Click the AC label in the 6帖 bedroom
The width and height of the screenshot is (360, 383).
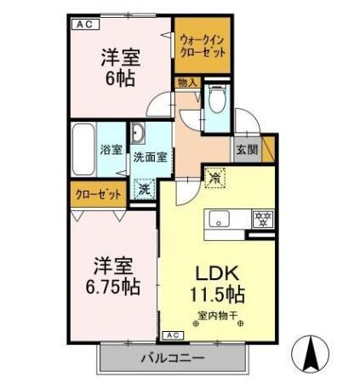(x=85, y=25)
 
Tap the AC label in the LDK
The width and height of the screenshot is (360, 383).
(x=173, y=335)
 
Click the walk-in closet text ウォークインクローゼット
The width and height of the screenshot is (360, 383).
(x=203, y=47)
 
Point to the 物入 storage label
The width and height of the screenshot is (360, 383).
(x=187, y=83)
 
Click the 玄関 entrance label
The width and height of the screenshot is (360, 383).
(x=247, y=150)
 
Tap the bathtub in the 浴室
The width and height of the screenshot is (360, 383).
(x=83, y=150)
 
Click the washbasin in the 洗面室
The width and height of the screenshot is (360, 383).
(x=138, y=133)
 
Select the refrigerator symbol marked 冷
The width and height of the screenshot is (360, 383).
(x=214, y=178)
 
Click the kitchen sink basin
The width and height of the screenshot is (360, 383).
(x=219, y=220)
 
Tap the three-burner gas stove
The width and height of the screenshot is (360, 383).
(x=263, y=219)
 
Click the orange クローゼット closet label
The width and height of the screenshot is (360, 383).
(x=98, y=195)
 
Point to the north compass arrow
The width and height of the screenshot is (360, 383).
(x=311, y=353)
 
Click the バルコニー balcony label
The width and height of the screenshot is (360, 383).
(x=173, y=358)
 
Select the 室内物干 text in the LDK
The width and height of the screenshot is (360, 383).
(x=217, y=316)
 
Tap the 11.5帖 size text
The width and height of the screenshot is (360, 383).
(x=217, y=294)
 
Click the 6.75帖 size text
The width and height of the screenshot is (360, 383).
(x=113, y=287)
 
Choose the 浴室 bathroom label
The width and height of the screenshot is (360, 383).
(x=111, y=150)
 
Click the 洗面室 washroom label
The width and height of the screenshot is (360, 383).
(x=151, y=157)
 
